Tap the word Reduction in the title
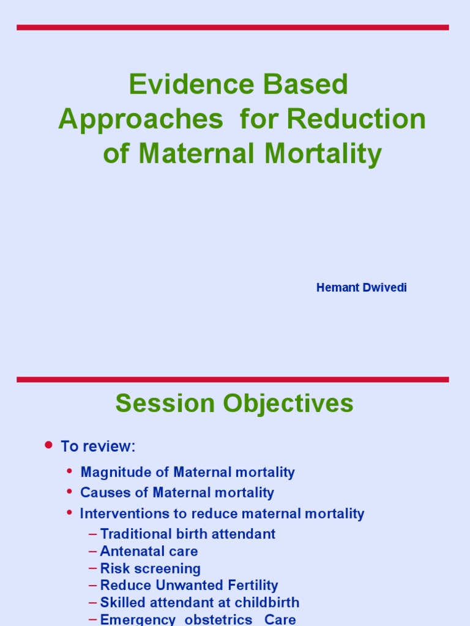[356, 119]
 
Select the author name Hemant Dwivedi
[361, 287]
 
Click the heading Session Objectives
[234, 403]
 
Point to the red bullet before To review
[49, 445]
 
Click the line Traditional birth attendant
[187, 534]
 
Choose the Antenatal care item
[149, 551]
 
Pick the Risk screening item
[150, 569]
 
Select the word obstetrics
[218, 619]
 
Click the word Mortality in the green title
[323, 153]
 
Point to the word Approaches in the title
[140, 119]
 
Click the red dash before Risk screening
[92, 569]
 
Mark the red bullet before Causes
[69, 492]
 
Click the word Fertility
[250, 586]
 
